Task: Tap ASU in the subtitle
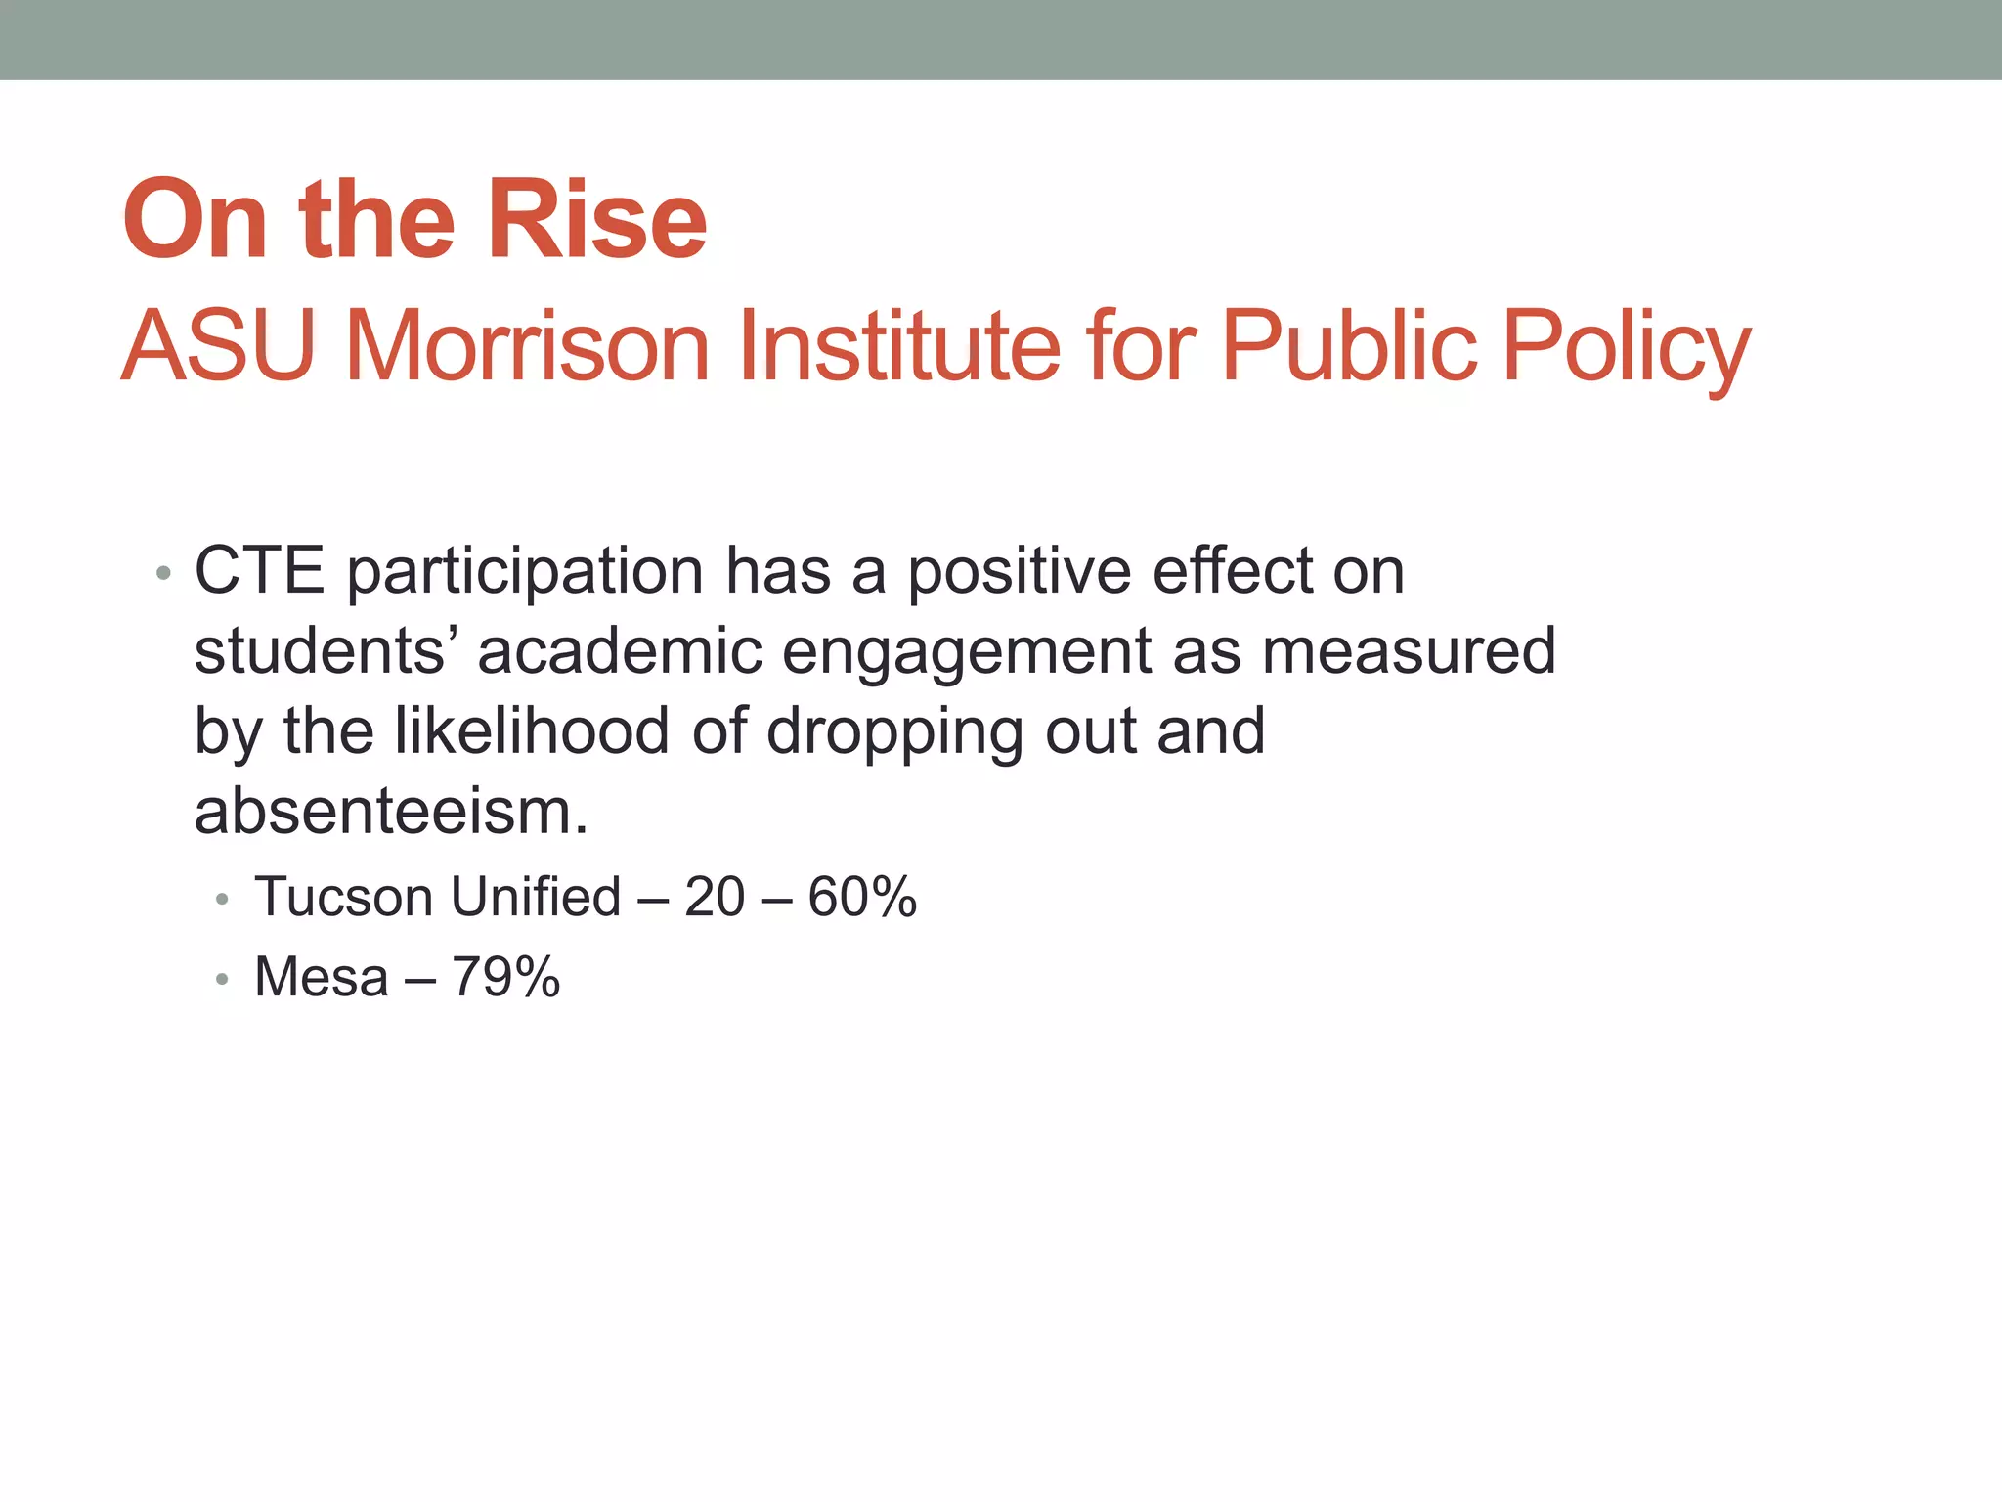coord(218,345)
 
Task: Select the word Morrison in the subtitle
coord(528,345)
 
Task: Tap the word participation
coord(525,573)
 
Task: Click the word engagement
coord(968,653)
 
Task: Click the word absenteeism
coord(391,812)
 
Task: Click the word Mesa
coord(322,977)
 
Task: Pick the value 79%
coord(505,977)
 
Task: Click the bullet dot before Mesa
coord(223,978)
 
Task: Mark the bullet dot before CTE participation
coord(163,573)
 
